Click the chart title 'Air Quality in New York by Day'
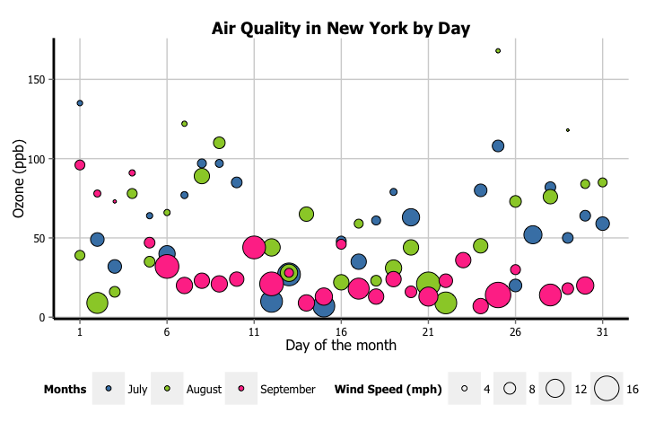click(341, 29)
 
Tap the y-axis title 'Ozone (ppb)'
click(19, 179)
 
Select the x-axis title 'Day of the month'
click(341, 345)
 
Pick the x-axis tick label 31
click(602, 330)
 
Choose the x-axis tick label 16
click(341, 330)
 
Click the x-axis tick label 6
click(167, 330)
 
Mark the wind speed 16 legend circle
click(607, 388)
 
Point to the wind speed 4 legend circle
click(465, 389)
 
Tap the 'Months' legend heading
click(65, 389)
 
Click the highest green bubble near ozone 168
click(498, 51)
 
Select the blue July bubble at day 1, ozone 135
click(80, 103)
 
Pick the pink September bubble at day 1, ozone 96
click(80, 165)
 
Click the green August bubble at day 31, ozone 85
click(602, 182)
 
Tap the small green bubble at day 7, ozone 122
click(184, 124)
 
